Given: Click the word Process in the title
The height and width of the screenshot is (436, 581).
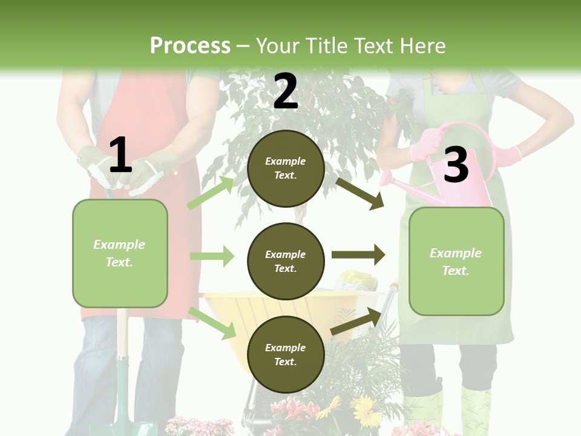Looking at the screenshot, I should click(x=190, y=46).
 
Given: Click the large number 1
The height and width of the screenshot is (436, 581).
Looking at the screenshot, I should click(x=120, y=156).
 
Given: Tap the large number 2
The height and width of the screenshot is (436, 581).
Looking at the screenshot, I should click(x=285, y=91).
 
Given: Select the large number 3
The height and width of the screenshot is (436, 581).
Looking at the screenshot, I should click(x=456, y=165).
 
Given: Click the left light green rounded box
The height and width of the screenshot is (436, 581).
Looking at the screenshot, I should click(x=120, y=253).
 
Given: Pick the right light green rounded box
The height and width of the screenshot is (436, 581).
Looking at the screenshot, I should click(x=456, y=261).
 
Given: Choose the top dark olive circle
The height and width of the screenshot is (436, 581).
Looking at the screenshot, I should click(x=286, y=168).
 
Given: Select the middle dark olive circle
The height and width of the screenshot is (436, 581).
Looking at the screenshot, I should click(x=286, y=261).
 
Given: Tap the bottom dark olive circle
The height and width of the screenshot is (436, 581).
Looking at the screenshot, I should click(x=286, y=354).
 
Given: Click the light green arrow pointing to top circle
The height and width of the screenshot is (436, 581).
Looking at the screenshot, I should click(x=211, y=192).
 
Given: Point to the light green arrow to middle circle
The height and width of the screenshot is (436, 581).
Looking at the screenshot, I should click(x=212, y=256).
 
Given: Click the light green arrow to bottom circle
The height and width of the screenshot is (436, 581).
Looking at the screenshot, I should click(x=212, y=322).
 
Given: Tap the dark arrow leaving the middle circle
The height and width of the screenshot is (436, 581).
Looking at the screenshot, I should click(x=358, y=254).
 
